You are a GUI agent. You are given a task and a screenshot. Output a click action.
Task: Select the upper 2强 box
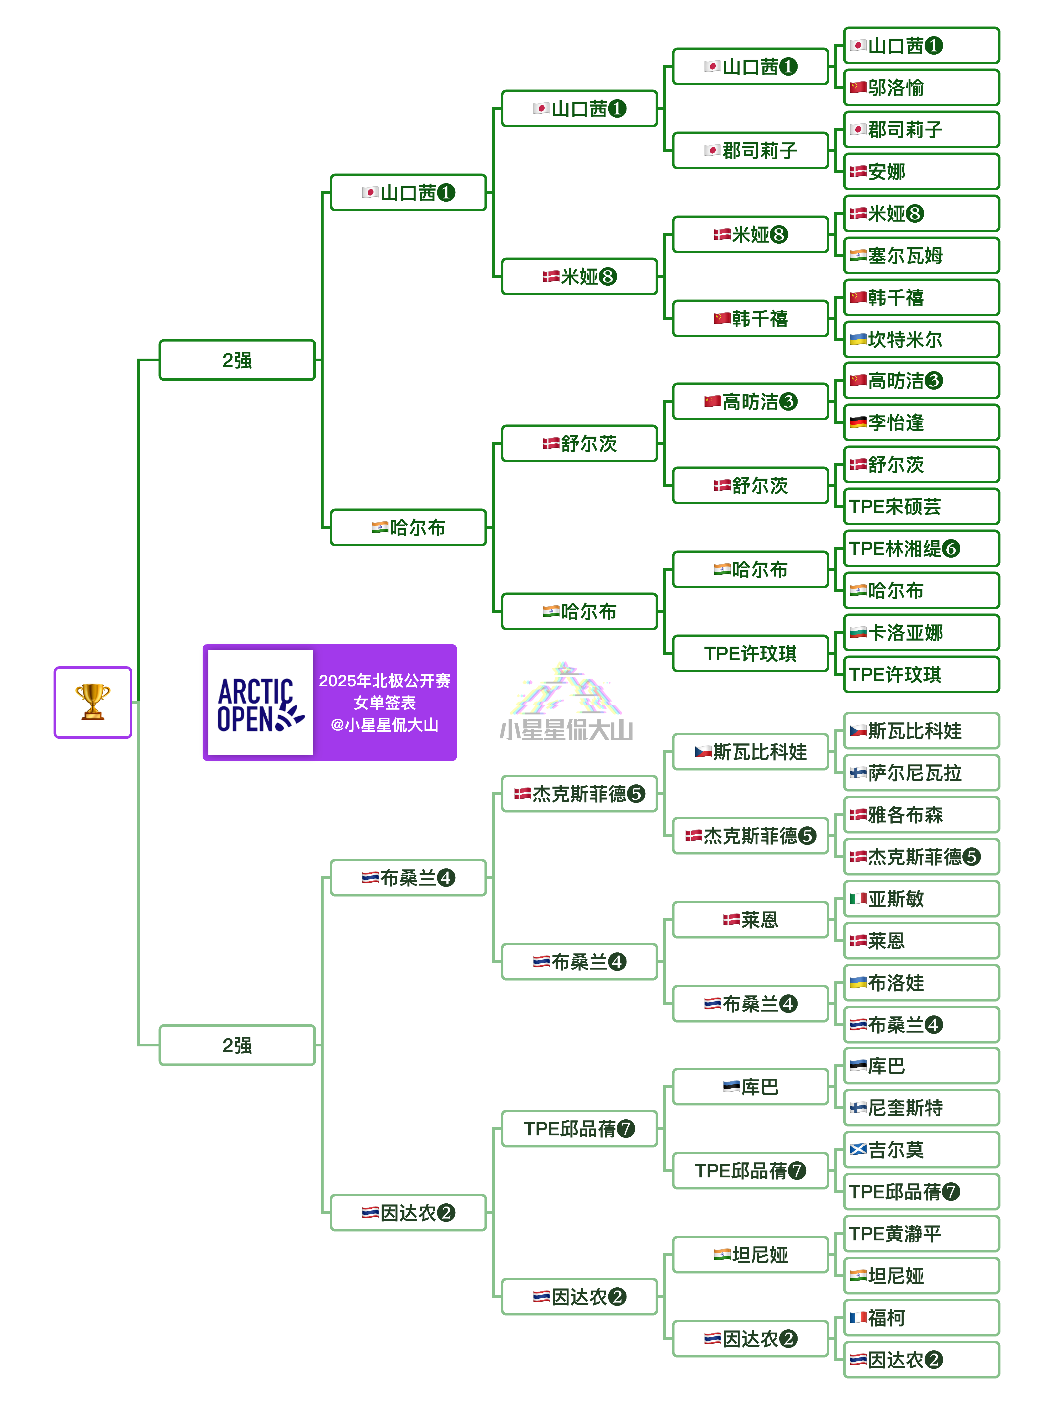coord(237,360)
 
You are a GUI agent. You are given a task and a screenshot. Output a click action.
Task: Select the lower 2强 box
coord(237,1045)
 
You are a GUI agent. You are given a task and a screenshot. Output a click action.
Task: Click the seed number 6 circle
coord(951,549)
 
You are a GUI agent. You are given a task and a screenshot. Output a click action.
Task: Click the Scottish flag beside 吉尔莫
coord(858,1149)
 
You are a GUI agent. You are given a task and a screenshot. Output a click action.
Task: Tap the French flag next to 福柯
coord(858,1317)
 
